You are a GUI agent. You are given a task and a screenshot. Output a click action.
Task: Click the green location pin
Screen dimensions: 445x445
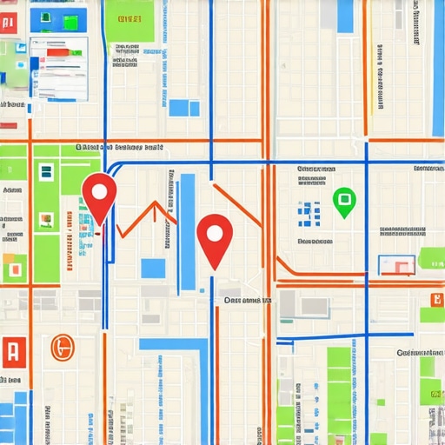click(344, 202)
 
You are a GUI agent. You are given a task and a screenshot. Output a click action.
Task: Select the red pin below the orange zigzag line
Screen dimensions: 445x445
click(214, 239)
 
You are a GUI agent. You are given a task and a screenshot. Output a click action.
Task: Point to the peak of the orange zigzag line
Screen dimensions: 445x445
click(156, 205)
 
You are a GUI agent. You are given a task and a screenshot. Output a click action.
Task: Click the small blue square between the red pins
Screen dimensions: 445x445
click(153, 268)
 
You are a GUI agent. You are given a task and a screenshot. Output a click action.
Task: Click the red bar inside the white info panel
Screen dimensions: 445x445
click(57, 53)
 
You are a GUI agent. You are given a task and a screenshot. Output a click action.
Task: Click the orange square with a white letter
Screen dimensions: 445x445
click(435, 300)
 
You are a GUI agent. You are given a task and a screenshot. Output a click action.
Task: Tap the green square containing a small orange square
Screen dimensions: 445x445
click(13, 268)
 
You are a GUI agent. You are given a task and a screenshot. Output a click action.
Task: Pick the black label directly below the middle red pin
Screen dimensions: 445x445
click(247, 300)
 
